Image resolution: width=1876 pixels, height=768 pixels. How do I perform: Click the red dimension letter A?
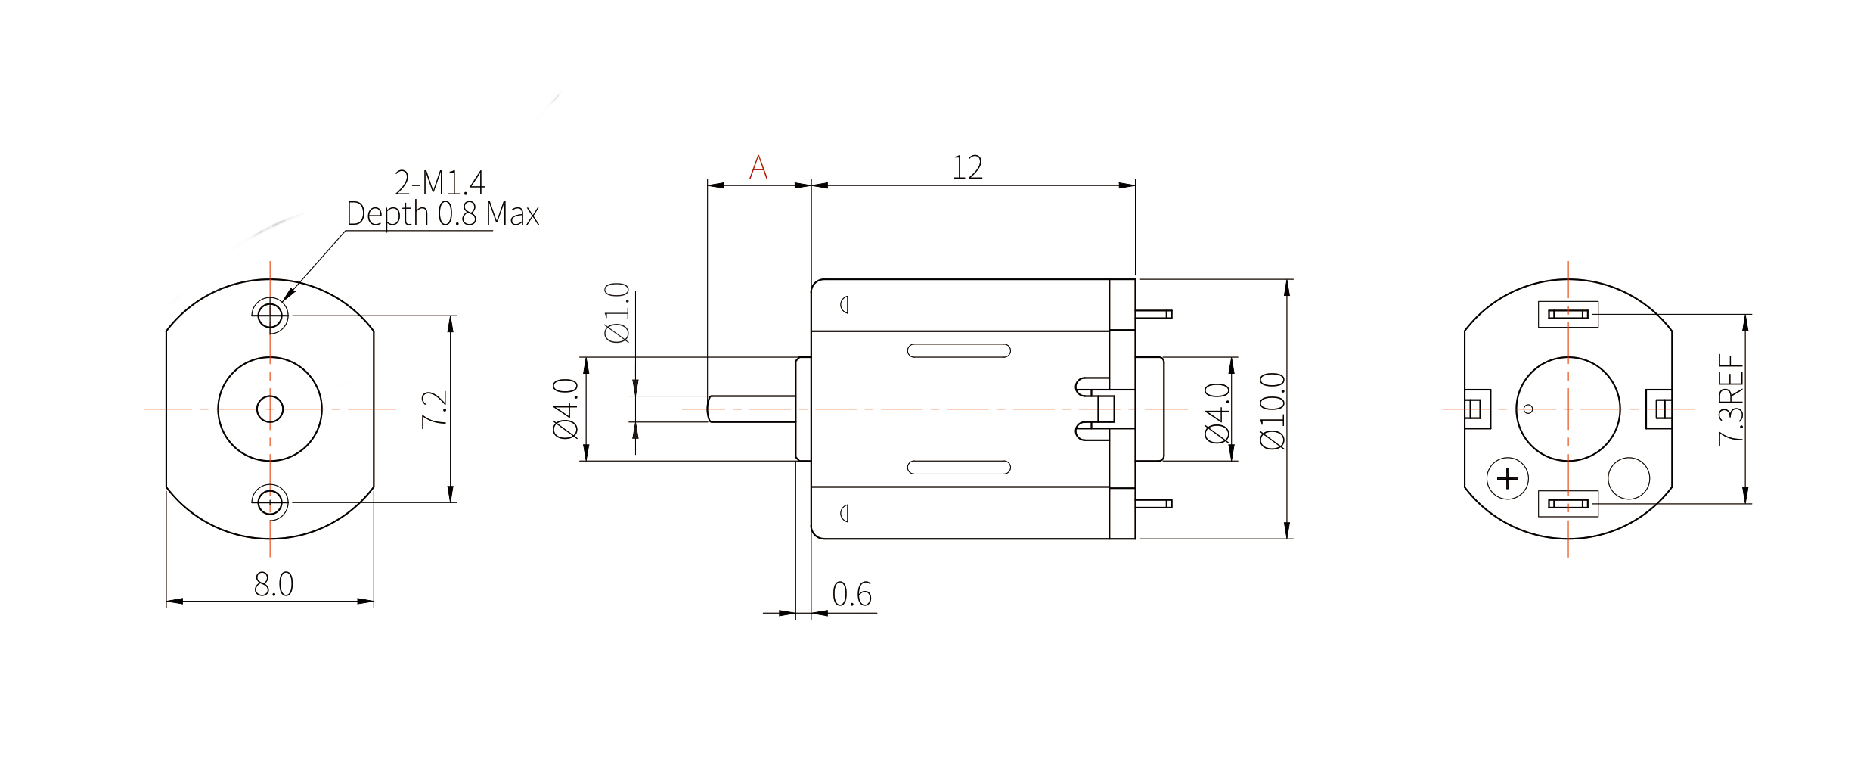[758, 166]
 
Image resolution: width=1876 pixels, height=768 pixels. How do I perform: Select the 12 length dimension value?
[967, 167]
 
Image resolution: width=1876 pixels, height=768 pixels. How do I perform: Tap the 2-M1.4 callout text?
[439, 182]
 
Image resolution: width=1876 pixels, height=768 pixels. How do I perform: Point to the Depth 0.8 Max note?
[442, 214]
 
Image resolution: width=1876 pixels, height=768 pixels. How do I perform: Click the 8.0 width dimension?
[274, 584]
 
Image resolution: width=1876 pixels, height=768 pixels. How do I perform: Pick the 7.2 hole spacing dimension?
[435, 409]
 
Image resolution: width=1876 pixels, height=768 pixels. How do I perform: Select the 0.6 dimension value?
[852, 595]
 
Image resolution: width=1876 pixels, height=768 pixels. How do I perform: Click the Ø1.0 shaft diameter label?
[617, 312]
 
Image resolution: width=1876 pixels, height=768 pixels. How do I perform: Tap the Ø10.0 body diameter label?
[1273, 411]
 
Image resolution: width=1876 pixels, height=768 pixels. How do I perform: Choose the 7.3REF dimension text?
[1731, 399]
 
